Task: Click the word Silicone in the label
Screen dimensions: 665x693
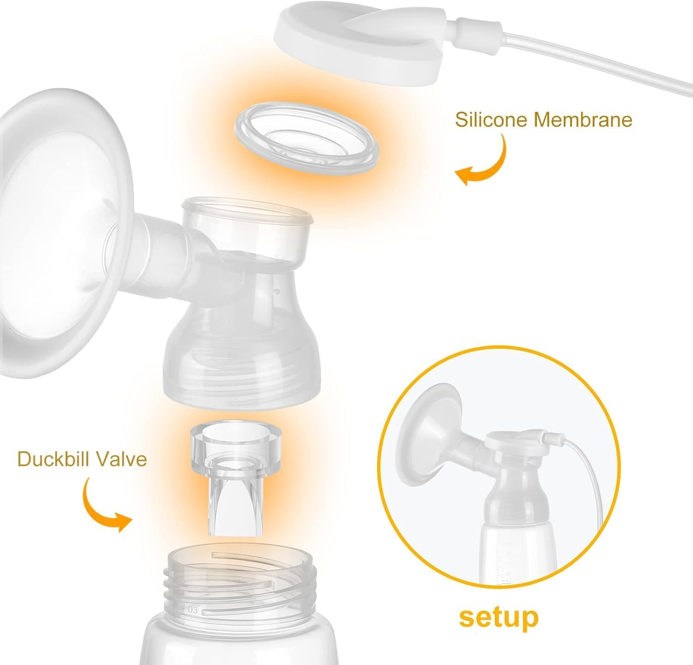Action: pos(492,120)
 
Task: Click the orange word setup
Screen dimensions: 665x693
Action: pos(498,617)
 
